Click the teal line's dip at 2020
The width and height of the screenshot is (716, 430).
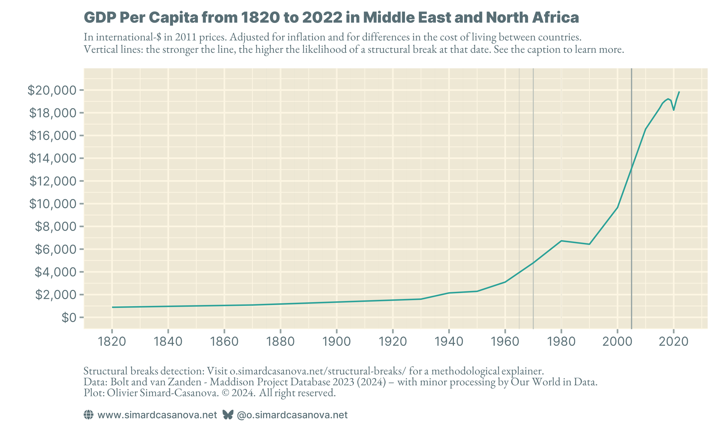(673, 110)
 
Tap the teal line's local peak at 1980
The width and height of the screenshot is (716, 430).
(561, 241)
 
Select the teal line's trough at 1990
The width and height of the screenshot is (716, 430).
(589, 244)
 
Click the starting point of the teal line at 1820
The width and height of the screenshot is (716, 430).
(112, 307)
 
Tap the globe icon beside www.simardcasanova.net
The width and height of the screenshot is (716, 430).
(88, 415)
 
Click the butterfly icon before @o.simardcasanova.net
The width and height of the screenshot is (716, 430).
(228, 415)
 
